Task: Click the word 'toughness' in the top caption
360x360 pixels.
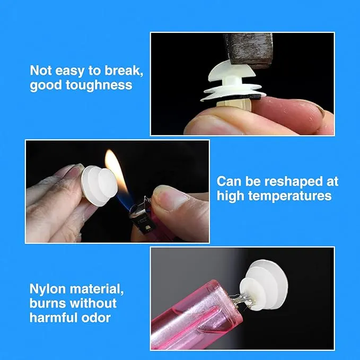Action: [x=99, y=85]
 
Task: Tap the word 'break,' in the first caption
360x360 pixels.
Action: [x=124, y=71]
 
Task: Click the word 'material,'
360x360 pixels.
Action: [x=96, y=289]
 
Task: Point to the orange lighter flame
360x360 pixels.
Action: [x=116, y=170]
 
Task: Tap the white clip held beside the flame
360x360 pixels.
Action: [x=99, y=186]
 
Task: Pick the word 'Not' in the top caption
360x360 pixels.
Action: [x=41, y=71]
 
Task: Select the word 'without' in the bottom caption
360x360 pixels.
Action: [x=93, y=303]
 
